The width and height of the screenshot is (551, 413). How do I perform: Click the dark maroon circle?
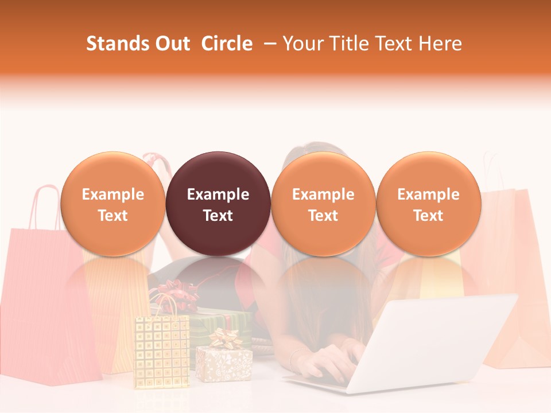pos(218,172)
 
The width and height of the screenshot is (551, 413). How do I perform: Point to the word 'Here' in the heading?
pos(440,44)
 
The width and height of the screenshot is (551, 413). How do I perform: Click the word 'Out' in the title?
pos(171,44)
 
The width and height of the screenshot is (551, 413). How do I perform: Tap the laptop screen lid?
pos(436,338)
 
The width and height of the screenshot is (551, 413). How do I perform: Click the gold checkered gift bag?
pos(161,350)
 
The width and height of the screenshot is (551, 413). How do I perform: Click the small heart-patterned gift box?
pos(224,364)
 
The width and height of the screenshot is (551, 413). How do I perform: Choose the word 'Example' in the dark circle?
pos(218,194)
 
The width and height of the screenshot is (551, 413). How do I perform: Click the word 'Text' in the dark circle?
pos(218,216)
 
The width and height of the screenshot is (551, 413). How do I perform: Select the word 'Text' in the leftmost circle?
pos(113,216)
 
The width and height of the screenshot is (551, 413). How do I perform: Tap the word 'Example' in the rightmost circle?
pos(428,194)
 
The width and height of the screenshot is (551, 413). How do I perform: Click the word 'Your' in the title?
pos(302,44)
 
